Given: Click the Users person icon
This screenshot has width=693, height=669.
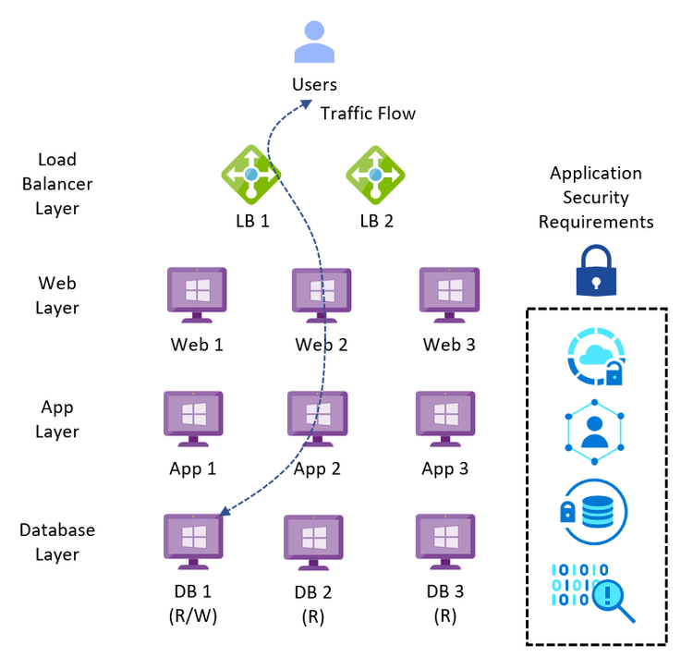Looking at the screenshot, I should coord(313,42).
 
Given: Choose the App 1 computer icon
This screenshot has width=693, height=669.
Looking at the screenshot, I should coord(193,420).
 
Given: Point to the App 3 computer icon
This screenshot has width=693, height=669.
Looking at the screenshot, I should coord(445,420).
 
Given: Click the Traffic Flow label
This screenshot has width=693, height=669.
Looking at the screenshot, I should coord(368,114).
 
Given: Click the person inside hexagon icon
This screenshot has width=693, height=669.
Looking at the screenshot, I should coord(595,432).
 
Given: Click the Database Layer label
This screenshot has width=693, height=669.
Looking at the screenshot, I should coord(57,542).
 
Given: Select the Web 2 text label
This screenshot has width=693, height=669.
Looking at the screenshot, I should coord(321,345).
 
